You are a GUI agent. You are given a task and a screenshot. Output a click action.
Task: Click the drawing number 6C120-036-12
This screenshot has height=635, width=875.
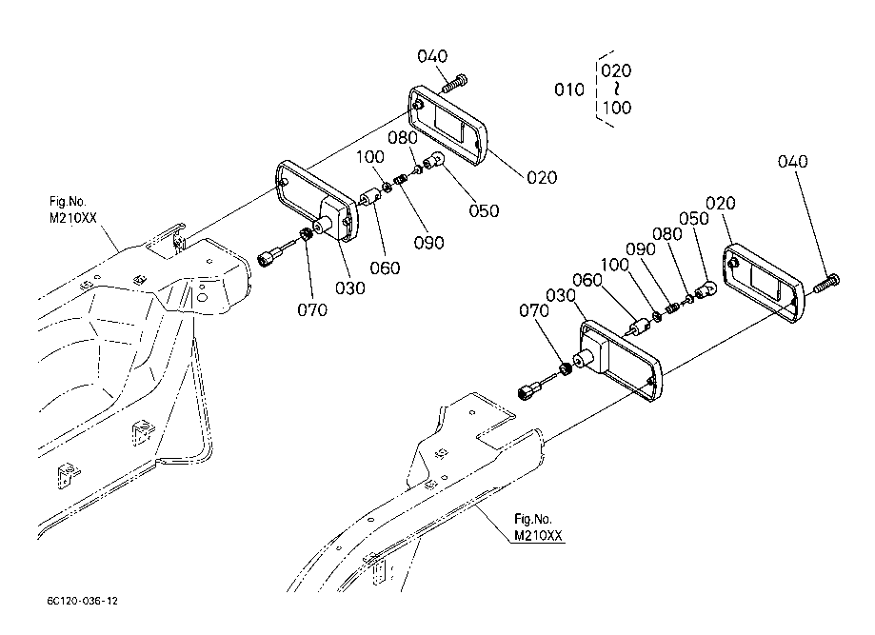click(83, 601)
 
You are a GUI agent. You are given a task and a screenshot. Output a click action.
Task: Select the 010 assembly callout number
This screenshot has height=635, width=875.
click(569, 89)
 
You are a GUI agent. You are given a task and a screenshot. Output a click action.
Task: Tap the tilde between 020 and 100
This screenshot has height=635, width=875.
click(616, 89)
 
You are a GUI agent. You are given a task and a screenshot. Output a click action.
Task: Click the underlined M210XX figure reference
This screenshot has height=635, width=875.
click(538, 536)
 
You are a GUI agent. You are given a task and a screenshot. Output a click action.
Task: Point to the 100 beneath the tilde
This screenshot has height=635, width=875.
click(617, 108)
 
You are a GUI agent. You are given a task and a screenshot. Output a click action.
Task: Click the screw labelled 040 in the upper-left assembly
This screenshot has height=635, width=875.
click(455, 84)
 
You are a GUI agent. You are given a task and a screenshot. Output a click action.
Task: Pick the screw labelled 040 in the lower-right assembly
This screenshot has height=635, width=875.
click(826, 284)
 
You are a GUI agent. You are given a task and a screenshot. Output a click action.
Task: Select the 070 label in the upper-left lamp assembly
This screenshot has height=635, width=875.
click(312, 309)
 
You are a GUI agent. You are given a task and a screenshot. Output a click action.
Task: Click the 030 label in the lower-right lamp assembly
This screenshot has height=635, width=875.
click(560, 296)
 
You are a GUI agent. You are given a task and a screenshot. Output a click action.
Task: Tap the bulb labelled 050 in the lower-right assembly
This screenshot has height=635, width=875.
click(706, 290)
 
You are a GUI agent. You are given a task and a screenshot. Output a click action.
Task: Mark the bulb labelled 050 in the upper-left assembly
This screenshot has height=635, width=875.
click(433, 162)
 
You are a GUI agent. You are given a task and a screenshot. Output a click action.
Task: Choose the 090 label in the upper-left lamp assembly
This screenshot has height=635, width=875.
click(428, 243)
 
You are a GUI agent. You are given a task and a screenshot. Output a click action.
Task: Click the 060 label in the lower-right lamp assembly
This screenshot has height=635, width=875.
click(587, 280)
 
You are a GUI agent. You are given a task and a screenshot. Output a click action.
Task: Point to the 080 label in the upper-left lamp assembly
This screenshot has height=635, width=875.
click(403, 137)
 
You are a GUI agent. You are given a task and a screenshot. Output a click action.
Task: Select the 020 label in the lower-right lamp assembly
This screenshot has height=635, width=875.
click(721, 203)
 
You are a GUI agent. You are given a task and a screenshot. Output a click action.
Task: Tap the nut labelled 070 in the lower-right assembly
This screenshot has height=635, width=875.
click(566, 368)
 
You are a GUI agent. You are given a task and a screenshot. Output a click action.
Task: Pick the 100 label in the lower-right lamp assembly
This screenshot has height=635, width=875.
click(614, 265)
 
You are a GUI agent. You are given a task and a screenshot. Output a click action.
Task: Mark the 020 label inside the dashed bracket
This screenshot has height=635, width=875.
click(616, 70)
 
